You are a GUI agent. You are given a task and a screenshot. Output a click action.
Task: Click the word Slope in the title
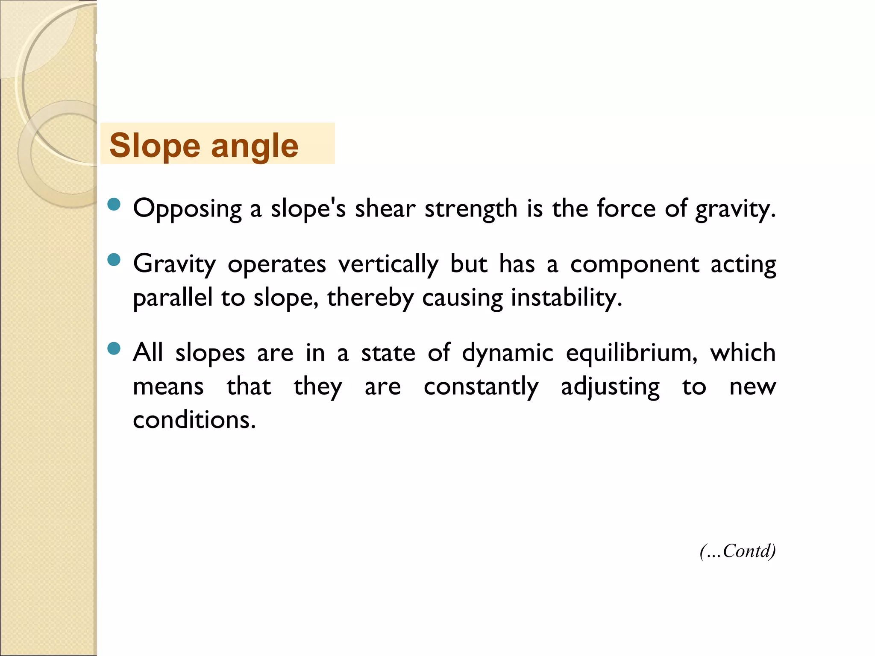tap(155, 146)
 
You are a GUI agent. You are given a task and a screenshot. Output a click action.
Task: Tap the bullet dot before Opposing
tap(114, 204)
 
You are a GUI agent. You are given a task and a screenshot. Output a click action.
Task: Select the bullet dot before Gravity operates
tap(114, 259)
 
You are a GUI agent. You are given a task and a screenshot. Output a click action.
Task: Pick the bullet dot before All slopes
tap(114, 348)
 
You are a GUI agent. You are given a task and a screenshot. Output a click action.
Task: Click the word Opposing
tap(188, 209)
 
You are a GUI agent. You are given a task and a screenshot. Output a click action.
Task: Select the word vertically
tap(388, 264)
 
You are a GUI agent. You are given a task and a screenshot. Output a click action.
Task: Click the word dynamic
tap(508, 354)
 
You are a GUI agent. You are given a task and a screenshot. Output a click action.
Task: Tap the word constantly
tap(481, 387)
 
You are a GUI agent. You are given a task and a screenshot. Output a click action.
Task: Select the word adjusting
tap(610, 387)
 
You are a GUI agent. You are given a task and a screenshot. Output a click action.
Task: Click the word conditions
tap(194, 420)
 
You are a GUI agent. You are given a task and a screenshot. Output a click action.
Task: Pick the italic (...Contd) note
tap(737, 551)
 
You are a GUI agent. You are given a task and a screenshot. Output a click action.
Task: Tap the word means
tap(168, 387)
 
